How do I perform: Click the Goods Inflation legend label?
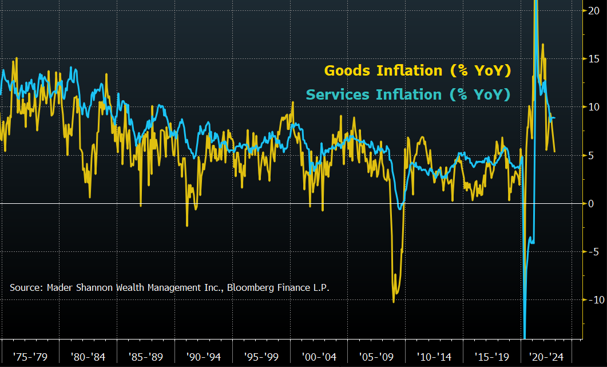[x=417, y=70]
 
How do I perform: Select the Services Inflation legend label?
[x=408, y=94]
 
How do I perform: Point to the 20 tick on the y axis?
[x=594, y=10]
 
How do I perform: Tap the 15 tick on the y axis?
[x=594, y=59]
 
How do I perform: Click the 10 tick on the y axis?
[x=594, y=107]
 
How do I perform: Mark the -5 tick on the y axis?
[x=594, y=251]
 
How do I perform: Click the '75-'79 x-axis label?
[x=30, y=357]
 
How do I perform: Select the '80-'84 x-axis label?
[x=88, y=357]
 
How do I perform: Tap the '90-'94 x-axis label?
[x=204, y=357]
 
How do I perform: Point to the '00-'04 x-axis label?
[x=319, y=357]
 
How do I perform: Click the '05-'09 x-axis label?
[x=377, y=357]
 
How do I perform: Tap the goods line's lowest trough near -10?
[x=394, y=302]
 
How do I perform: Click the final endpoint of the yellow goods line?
[x=555, y=152]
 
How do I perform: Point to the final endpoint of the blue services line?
[x=555, y=118]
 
